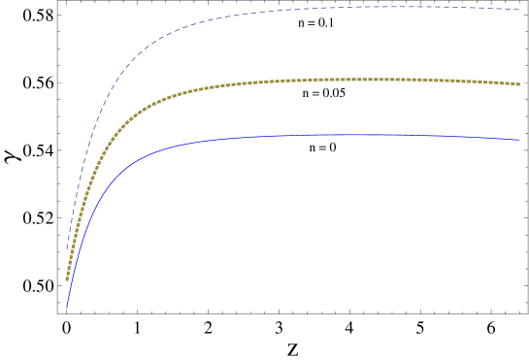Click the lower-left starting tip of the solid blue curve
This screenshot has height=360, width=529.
pos(67,307)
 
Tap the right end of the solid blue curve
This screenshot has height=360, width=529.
pos(519,140)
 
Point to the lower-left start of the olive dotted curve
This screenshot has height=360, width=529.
pos(67,279)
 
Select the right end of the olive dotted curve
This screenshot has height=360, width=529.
pos(519,84)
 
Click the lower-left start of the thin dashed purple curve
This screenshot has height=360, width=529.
pos(67,249)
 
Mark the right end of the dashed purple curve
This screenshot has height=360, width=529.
pos(519,10)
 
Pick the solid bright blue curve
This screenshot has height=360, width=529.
pos(243,137)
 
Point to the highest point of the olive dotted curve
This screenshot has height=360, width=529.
pos(379,79)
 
